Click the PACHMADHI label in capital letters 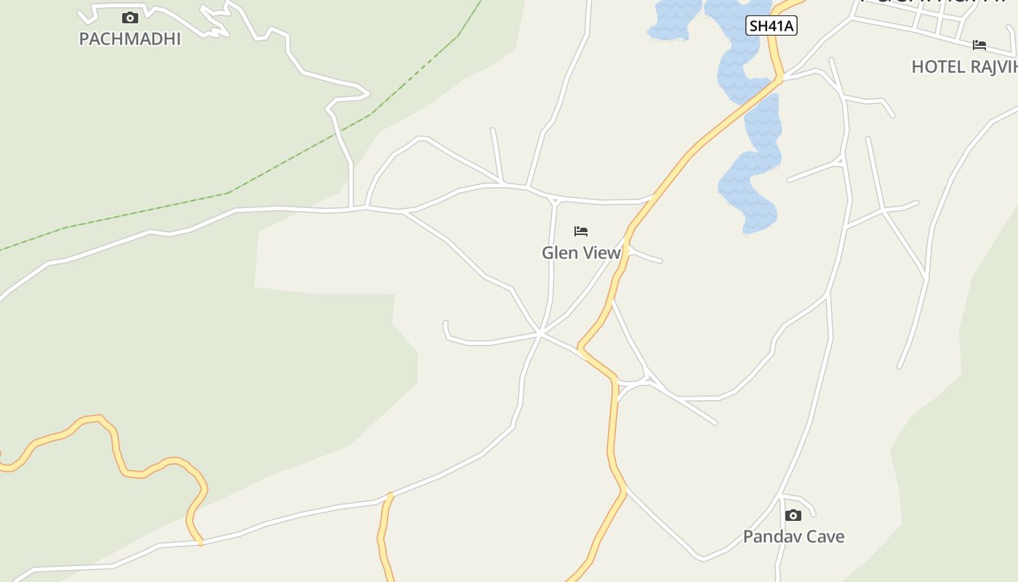(129, 39)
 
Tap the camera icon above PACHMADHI (130, 18)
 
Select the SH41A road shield (771, 26)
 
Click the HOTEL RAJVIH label (963, 67)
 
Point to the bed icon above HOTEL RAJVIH (979, 45)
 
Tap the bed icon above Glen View (581, 231)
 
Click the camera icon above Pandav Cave (793, 515)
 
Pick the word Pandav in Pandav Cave (768, 537)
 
